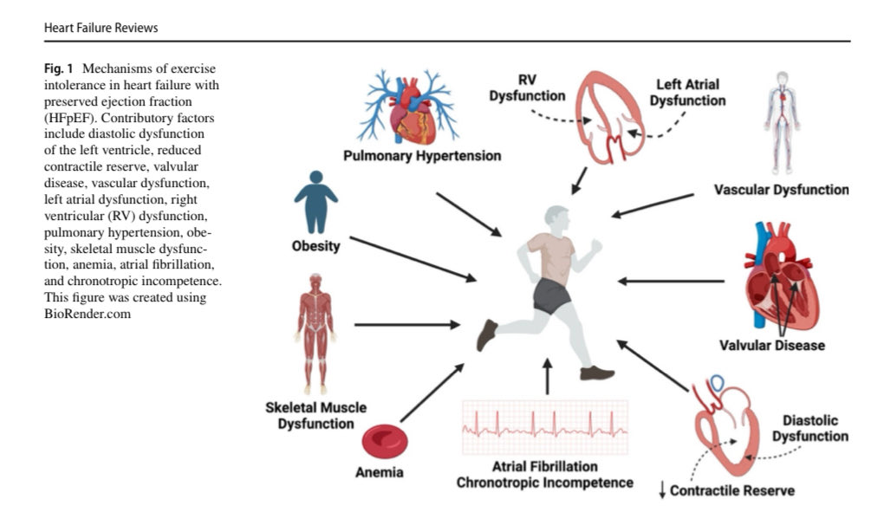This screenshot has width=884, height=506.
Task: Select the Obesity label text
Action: [x=315, y=246]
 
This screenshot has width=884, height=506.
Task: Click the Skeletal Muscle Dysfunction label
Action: [x=315, y=415]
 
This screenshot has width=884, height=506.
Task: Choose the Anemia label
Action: [x=380, y=473]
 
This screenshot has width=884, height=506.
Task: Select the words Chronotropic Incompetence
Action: [x=545, y=482]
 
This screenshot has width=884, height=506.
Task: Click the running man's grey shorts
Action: [x=550, y=295]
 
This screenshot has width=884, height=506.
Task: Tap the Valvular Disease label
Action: [x=772, y=346]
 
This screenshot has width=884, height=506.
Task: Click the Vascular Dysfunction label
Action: [x=781, y=189]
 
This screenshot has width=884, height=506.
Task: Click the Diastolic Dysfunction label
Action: [x=809, y=428]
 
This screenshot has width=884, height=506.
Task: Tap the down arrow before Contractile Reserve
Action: [x=663, y=490]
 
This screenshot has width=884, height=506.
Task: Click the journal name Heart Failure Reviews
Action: [x=101, y=28]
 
